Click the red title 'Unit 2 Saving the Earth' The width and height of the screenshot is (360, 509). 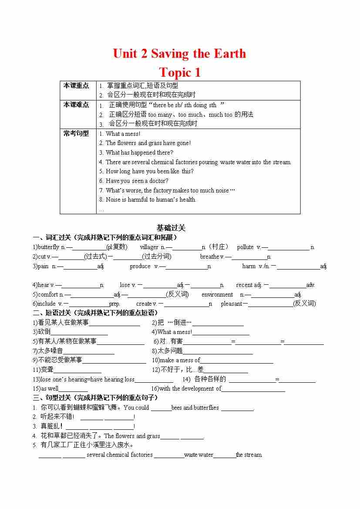coord(179,54)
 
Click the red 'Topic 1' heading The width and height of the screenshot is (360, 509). coord(180,72)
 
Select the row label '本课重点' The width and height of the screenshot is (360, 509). coord(76,85)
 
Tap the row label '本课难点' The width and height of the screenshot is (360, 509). coord(76,104)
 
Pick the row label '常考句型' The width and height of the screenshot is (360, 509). coord(76,133)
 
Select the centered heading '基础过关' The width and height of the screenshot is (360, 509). coord(171,228)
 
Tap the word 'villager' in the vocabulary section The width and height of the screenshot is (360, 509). coord(149,247)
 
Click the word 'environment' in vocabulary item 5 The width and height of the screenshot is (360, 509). coord(217,294)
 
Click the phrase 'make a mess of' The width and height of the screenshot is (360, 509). coord(180,360)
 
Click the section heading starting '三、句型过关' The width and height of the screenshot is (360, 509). coord(95,398)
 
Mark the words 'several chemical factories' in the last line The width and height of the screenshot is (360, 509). coord(120,455)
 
